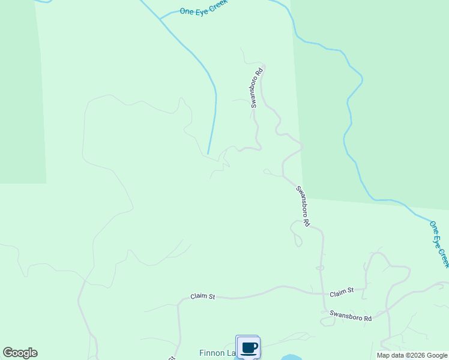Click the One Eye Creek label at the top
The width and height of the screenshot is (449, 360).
205,10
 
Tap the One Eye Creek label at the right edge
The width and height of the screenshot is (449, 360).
439,244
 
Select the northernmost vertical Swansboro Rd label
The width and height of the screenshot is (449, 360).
256,88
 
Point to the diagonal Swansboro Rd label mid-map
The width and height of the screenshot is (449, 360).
303,206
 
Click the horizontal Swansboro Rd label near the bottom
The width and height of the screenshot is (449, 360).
351,316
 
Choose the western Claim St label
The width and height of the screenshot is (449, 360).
203,296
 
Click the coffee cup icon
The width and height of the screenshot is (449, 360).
249,347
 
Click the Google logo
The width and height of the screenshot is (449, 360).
20,353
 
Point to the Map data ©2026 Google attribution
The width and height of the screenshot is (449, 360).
411,355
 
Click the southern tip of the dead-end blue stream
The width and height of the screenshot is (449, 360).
208,154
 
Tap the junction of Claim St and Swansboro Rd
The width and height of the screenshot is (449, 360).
324,293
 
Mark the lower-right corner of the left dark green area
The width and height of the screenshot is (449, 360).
46,183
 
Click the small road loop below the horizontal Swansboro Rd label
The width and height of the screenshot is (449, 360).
328,322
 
